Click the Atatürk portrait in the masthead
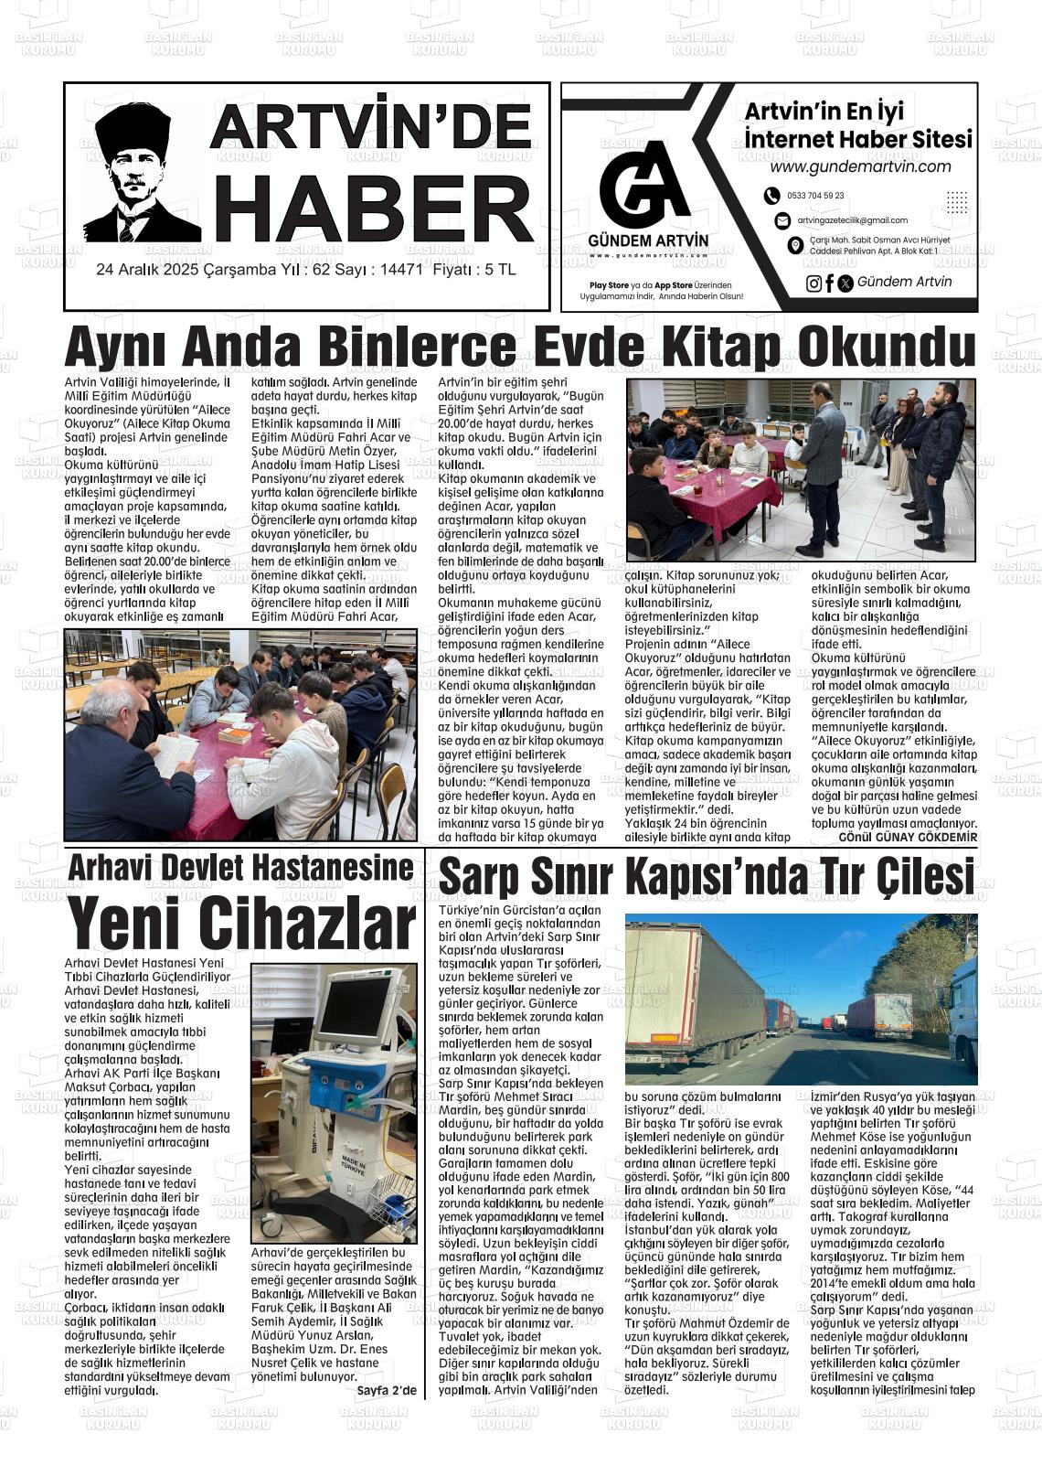[x=142, y=174]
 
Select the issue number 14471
[x=400, y=271]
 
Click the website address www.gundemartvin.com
[x=860, y=167]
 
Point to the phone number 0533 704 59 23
[x=815, y=196]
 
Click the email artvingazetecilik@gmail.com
[x=852, y=220]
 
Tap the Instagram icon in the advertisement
[x=813, y=283]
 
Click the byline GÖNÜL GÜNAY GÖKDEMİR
[x=908, y=837]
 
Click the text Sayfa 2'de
[x=387, y=1391]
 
